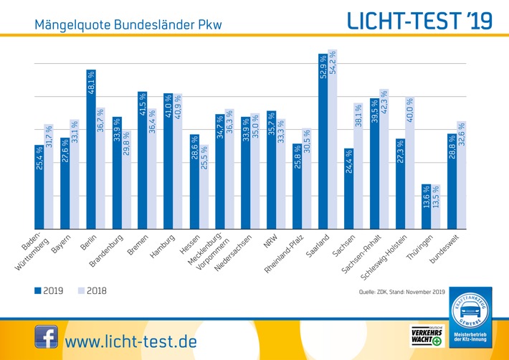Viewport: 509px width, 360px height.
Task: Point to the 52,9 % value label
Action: pyautogui.click(x=323, y=66)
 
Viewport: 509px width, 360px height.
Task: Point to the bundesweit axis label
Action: pyautogui.click(x=446, y=247)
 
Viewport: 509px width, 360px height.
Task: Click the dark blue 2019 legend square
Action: pyautogui.click(x=38, y=290)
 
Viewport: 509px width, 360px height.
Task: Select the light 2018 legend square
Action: pyautogui.click(x=80, y=290)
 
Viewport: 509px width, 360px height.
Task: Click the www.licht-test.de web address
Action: pyautogui.click(x=130, y=340)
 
